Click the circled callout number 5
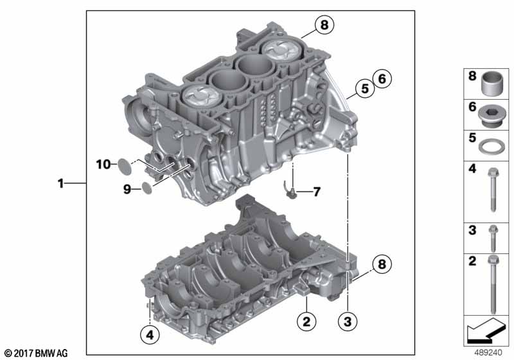pos(365,88)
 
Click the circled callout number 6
pos(382,79)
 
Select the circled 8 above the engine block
pos(324,24)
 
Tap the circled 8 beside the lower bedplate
pos(382,264)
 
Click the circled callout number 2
pos(306,321)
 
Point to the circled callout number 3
pos(348,321)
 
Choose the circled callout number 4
pos(150,335)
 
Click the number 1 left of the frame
pos(60,183)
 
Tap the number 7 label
pos(316,192)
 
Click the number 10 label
pos(103,165)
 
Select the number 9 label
pos(127,189)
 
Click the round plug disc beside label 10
pos(125,166)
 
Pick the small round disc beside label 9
pos(147,188)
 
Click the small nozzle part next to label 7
pos(289,190)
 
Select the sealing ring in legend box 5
pos(492,146)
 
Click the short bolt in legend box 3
pos(493,239)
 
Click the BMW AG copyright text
pos(36,354)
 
